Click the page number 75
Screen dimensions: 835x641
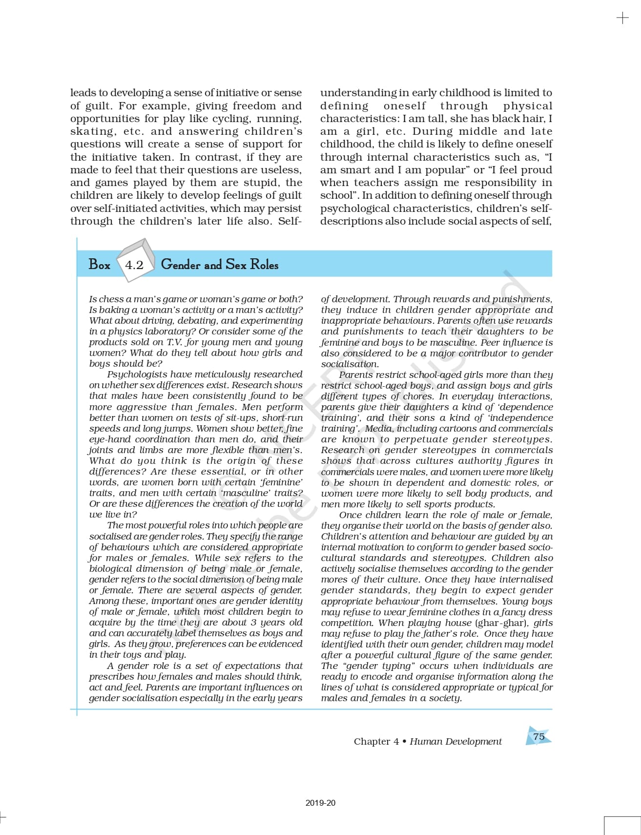(x=538, y=736)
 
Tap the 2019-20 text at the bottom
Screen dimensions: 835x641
(x=320, y=803)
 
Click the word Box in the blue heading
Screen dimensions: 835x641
(x=100, y=265)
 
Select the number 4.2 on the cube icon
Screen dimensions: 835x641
(x=134, y=265)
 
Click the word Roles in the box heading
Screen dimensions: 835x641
(x=264, y=265)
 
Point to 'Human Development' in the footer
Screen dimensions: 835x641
(x=455, y=741)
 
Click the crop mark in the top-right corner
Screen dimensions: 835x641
(x=622, y=18)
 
